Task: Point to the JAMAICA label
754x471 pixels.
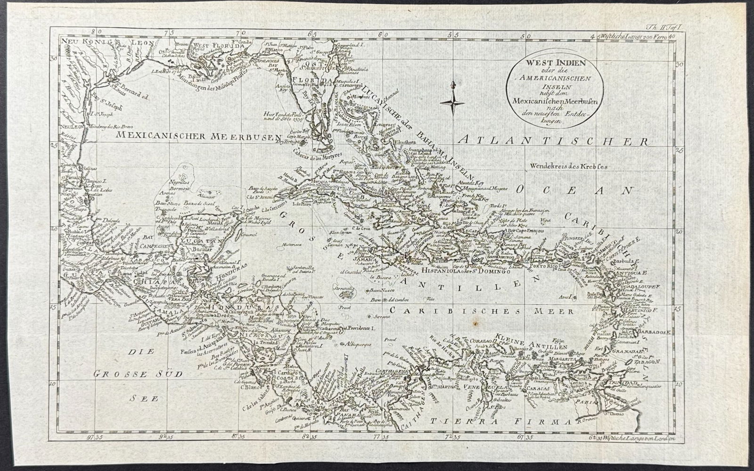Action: coord(366,259)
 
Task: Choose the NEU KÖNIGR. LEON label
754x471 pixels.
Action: coord(91,41)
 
